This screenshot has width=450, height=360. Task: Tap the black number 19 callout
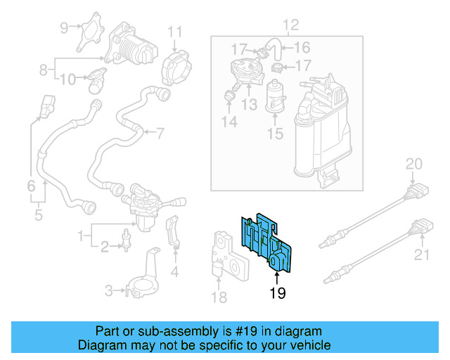tap(278, 294)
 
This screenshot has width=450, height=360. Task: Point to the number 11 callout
tap(174, 31)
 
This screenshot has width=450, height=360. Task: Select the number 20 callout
tap(415, 165)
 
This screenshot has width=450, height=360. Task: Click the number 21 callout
tap(421, 255)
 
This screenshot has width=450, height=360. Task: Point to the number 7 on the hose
tap(160, 132)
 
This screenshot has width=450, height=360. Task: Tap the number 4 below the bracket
tap(174, 272)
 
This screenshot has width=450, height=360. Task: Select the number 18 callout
tap(219, 297)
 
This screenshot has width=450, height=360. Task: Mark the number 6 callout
tap(31, 186)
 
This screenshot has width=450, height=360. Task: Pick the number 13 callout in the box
tap(249, 105)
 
